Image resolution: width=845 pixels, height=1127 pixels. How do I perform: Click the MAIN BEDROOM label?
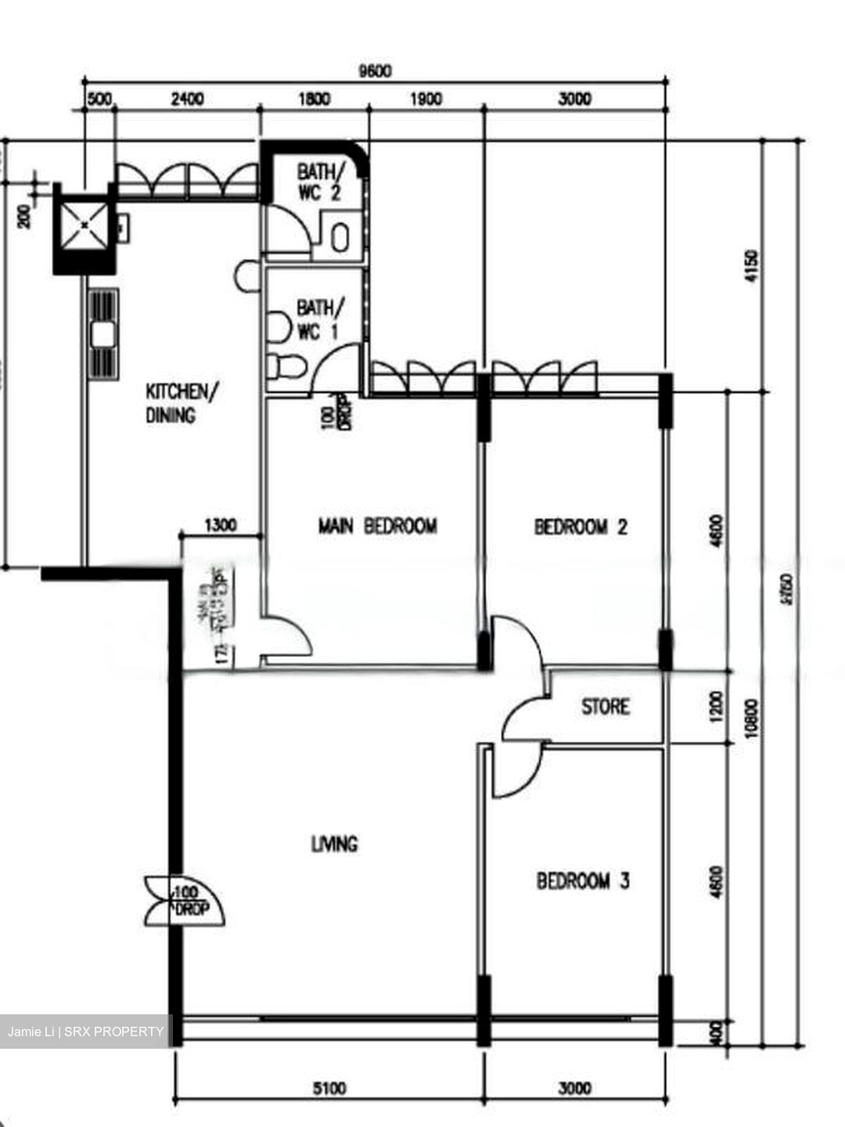tap(377, 526)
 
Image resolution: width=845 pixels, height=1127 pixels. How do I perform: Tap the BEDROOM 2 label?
tap(581, 527)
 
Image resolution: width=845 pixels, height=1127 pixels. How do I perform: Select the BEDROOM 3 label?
tap(583, 881)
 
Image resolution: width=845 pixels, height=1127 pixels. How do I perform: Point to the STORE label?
tap(605, 707)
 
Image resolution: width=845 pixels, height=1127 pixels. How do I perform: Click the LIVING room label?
tap(334, 844)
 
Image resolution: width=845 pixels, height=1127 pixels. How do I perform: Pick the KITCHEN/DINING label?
tap(178, 403)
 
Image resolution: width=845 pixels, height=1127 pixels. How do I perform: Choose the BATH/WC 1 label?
tap(317, 320)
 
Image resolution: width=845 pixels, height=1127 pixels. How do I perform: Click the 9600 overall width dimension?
tap(374, 71)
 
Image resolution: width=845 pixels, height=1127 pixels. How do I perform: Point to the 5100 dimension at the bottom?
tap(329, 1088)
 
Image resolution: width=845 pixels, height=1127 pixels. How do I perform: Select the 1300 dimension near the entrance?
tap(220, 525)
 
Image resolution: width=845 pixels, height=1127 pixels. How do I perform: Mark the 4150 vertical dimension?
tap(753, 266)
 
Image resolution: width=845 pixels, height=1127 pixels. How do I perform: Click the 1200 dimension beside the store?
tap(718, 707)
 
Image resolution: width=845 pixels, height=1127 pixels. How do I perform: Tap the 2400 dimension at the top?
tap(187, 99)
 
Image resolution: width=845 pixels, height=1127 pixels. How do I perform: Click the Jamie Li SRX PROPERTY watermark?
tap(86, 1032)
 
